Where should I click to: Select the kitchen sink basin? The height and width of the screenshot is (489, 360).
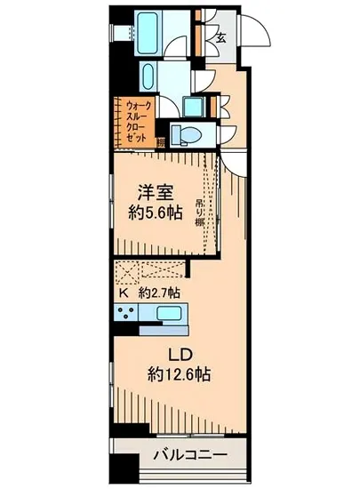click(167, 313)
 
